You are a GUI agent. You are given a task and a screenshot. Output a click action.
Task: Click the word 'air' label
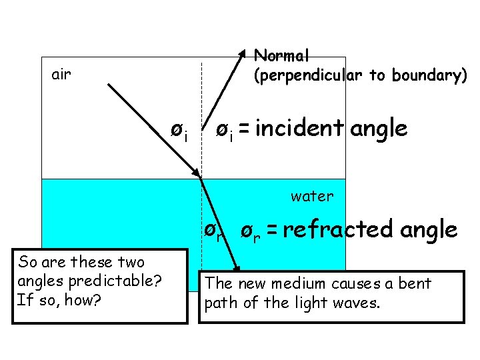[61, 74]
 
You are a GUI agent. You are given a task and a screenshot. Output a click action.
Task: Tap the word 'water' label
[311, 196]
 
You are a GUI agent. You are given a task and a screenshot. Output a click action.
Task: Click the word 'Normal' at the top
[281, 55]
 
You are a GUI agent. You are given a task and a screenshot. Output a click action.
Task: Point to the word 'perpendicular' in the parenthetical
[309, 76]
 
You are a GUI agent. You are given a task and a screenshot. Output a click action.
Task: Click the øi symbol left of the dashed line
[177, 131]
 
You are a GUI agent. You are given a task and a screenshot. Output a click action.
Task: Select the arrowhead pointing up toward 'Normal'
[242, 53]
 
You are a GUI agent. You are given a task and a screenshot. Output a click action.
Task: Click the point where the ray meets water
[201, 178]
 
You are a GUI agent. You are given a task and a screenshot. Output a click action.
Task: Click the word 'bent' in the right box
[415, 283]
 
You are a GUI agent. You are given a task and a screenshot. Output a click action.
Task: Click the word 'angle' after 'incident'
[378, 128]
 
